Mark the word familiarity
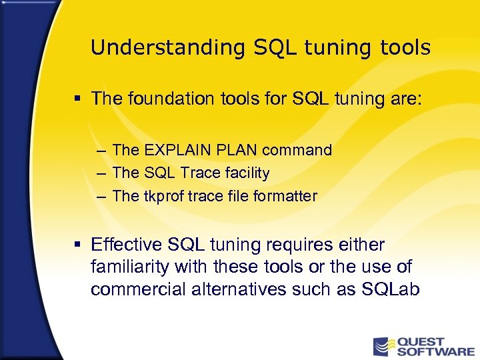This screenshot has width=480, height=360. tap(130, 267)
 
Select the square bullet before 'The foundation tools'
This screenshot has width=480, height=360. tap(77, 99)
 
